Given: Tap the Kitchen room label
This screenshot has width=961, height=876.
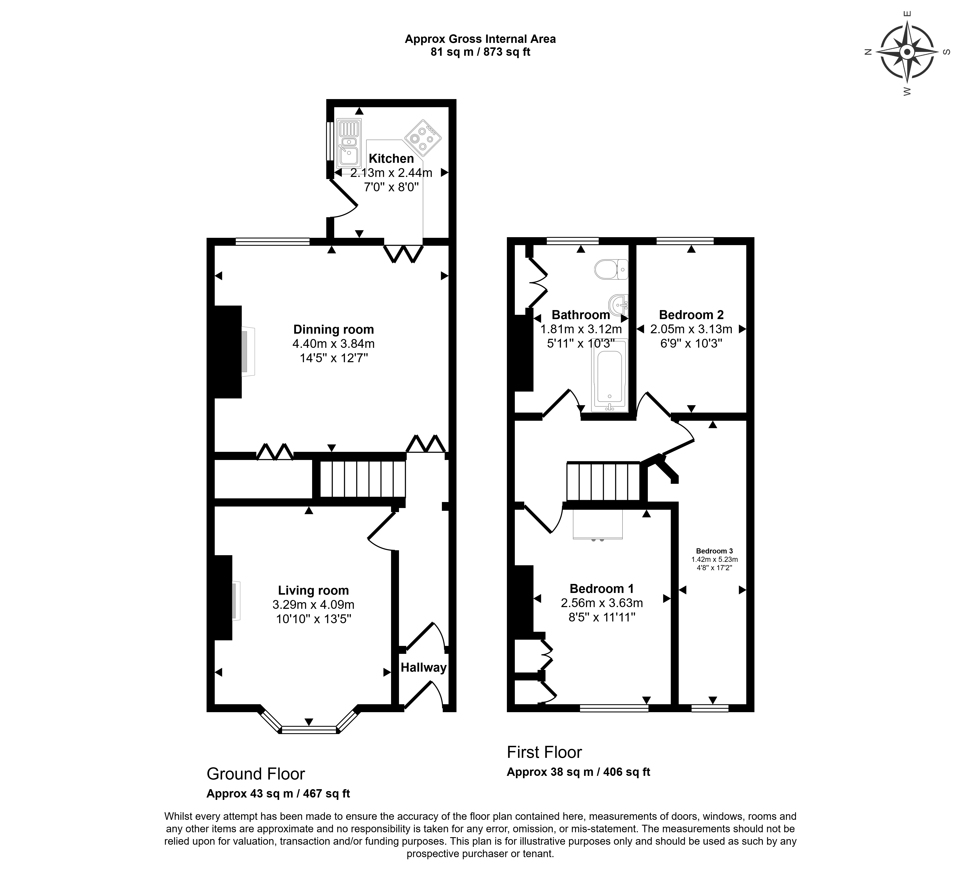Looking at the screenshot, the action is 391,159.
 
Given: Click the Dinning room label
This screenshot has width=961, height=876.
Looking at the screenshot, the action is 334,329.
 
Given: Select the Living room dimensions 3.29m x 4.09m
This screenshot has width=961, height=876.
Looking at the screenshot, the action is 314,605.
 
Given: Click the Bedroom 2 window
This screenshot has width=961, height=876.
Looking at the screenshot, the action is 685,241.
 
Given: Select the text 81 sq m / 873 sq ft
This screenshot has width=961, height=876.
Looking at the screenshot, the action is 480,52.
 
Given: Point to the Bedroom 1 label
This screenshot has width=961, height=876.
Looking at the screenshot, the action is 601,589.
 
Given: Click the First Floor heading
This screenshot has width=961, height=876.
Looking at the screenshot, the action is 544,752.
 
